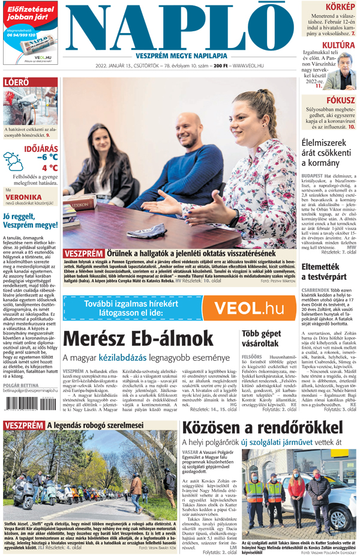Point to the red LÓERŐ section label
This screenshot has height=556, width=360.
pyautogui.click(x=16, y=82)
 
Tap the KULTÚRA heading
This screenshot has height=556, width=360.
pyautogui.click(x=338, y=45)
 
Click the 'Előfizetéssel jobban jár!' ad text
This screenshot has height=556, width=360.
pyautogui.click(x=30, y=14)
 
